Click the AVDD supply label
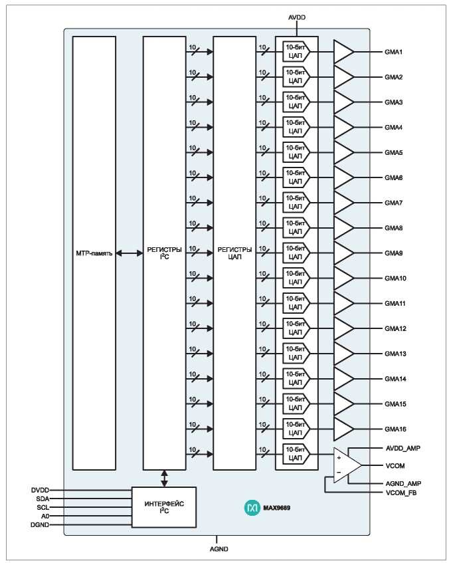(297, 17)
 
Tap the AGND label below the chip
(219, 549)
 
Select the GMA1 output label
(393, 52)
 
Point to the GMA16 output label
(395, 429)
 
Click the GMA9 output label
(393, 253)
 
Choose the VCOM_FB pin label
(401, 493)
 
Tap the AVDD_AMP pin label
(403, 449)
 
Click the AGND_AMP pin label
(403, 484)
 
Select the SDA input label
(43, 499)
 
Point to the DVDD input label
(40, 490)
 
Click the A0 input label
(45, 516)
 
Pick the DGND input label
(40, 525)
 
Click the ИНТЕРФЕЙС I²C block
(164, 507)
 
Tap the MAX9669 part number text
(276, 508)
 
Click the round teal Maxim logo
(252, 508)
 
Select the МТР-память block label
(94, 253)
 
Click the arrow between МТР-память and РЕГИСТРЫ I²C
(130, 253)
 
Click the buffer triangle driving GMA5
(343, 153)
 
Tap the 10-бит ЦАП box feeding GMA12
(296, 328)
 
